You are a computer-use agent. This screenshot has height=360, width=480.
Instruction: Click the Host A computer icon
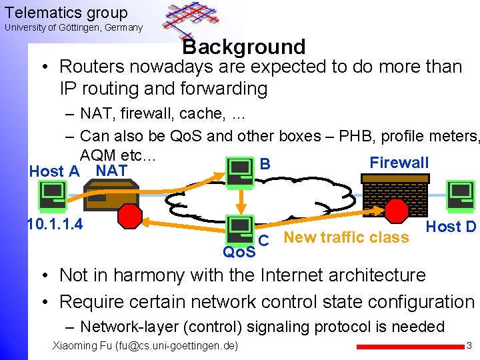pyautogui.click(x=52, y=194)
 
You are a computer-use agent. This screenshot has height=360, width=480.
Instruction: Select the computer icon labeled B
pyautogui.click(x=239, y=171)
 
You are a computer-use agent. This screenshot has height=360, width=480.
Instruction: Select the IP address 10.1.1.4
pyautogui.click(x=55, y=224)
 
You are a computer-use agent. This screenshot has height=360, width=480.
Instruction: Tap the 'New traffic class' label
pyautogui.click(x=346, y=237)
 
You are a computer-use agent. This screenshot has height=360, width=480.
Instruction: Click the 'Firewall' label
pyautogui.click(x=399, y=163)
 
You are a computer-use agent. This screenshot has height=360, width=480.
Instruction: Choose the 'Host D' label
pyautogui.click(x=451, y=227)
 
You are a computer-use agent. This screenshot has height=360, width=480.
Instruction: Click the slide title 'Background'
pyautogui.click(x=244, y=47)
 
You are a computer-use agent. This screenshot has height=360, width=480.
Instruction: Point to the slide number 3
pyautogui.click(x=469, y=346)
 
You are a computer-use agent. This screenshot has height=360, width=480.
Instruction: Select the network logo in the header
pyautogui.click(x=191, y=20)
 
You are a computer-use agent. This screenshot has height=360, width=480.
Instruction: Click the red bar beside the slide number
pyautogui.click(x=407, y=347)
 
